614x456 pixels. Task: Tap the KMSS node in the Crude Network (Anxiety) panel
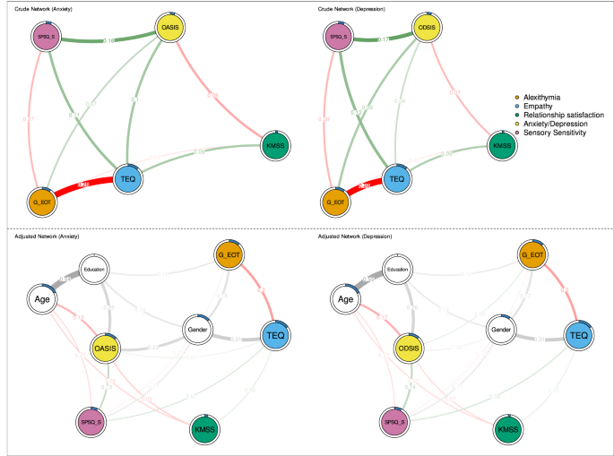[274, 145]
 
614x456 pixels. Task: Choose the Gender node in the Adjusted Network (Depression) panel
[499, 330]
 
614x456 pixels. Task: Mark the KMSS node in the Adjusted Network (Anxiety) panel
[205, 431]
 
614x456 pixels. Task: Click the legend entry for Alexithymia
[543, 96]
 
